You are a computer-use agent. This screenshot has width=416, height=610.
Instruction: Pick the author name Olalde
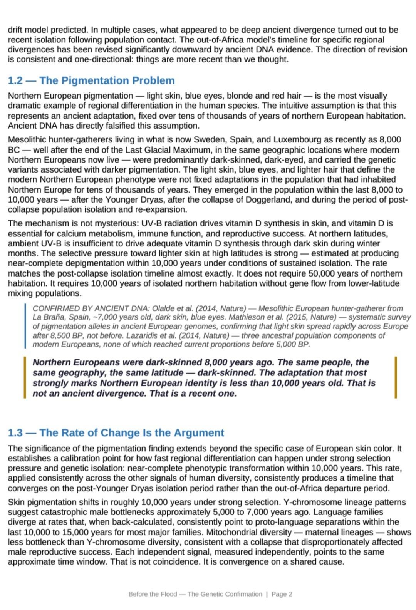coord(165,308)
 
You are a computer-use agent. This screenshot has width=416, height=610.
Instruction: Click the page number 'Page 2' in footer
coord(282,594)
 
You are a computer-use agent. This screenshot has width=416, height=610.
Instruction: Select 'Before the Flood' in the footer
coord(153,594)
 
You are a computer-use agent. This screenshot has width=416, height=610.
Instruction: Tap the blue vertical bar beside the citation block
coord(25,326)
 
